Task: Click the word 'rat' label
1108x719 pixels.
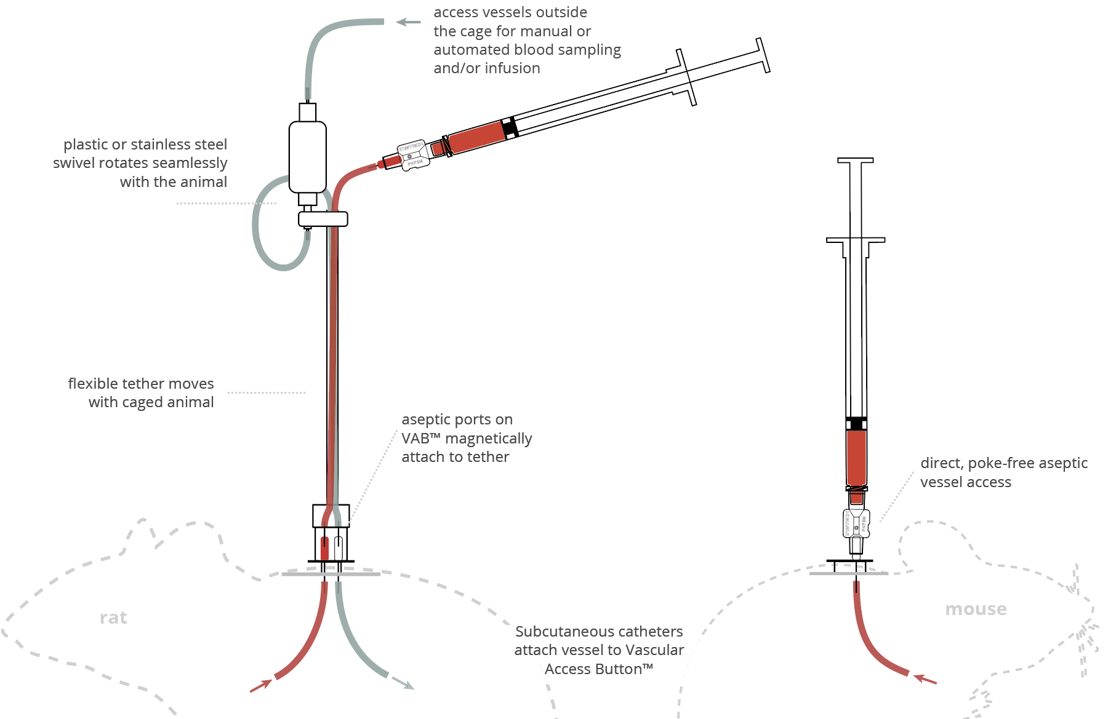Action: pyautogui.click(x=113, y=618)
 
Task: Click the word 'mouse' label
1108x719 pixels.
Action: pyautogui.click(x=976, y=609)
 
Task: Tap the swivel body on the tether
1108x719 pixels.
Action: pyautogui.click(x=308, y=157)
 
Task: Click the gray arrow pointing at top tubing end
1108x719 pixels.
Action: pyautogui.click(x=407, y=22)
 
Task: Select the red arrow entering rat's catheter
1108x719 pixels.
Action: pyautogui.click(x=261, y=686)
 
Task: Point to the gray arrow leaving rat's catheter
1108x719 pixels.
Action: pyautogui.click(x=403, y=683)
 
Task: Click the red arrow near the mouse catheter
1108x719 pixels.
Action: pyautogui.click(x=925, y=679)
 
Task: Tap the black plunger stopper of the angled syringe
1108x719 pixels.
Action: pyautogui.click(x=509, y=128)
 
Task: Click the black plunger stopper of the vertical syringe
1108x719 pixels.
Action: pyautogui.click(x=856, y=423)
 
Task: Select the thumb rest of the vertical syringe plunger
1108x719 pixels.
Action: pyautogui.click(x=855, y=161)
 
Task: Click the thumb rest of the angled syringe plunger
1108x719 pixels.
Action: pyautogui.click(x=763, y=55)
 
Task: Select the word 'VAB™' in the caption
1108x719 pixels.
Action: pyautogui.click(x=421, y=439)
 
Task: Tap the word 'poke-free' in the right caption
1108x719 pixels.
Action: pyautogui.click(x=997, y=463)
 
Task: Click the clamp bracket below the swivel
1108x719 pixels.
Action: pyautogui.click(x=323, y=218)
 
